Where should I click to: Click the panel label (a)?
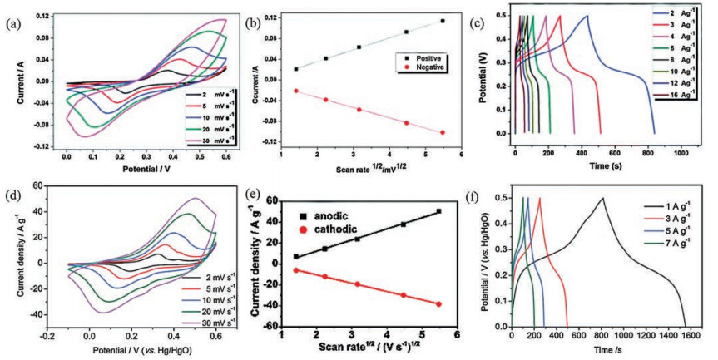coord(12,24)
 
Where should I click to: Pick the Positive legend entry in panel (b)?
coord(422,58)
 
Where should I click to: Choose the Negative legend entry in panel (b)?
coord(422,67)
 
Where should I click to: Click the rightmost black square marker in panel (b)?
coord(443,21)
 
